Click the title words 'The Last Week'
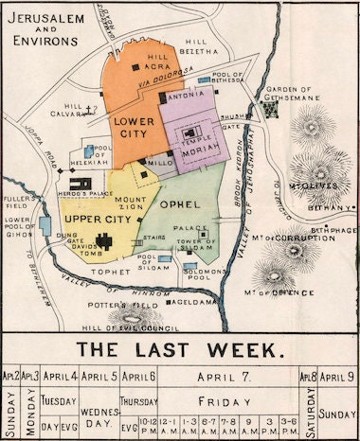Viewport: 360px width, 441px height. tap(180, 349)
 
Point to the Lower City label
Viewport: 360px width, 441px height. tap(133, 129)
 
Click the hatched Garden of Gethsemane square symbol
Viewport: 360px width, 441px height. tap(271, 110)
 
